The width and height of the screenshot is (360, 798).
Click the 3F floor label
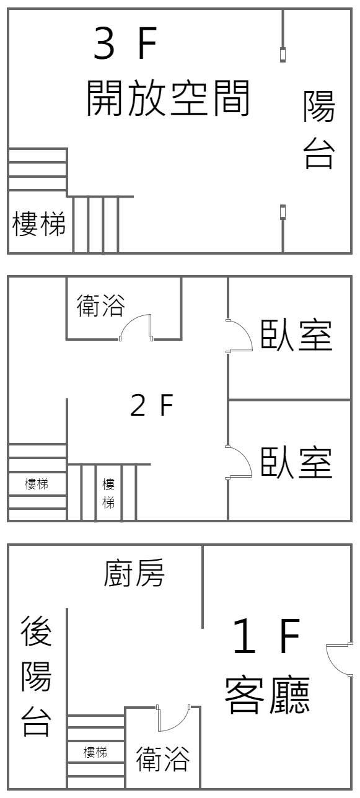pos(125,44)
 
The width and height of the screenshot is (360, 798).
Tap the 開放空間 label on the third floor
pos(168,98)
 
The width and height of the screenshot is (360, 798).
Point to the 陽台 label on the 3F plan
pos(319,129)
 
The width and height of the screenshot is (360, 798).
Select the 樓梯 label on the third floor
pos(39,224)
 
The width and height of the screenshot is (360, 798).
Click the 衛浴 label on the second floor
pos(101,305)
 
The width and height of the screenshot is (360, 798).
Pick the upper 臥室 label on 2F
pos(297,335)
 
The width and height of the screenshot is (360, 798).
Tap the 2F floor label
pos(152,405)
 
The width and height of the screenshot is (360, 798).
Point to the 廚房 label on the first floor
pos(134,573)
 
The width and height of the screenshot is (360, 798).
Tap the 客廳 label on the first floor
pos(267,695)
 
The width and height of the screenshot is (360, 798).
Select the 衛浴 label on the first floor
pos(162,759)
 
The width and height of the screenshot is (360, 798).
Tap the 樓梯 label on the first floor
pos(95,752)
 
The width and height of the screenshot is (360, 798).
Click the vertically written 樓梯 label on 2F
pos(108,493)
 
